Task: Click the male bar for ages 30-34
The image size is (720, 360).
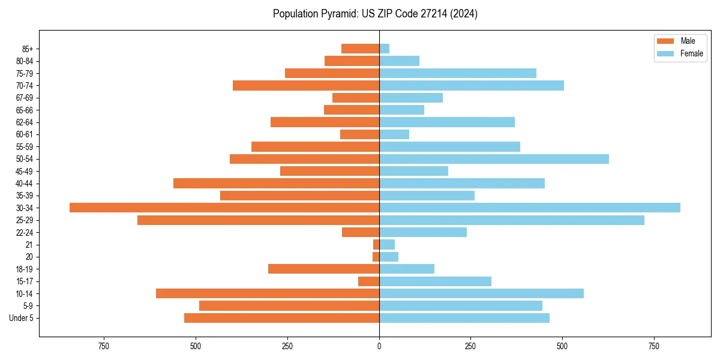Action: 224,208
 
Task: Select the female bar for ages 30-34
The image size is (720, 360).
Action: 529,208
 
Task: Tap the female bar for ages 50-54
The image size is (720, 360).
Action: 494,159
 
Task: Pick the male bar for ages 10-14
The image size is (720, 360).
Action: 268,293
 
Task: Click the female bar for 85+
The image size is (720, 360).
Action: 384,49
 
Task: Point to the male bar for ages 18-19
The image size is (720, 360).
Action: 323,269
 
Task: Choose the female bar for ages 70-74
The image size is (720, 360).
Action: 471,85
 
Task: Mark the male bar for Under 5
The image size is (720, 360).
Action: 281,318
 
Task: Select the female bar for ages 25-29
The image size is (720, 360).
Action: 511,220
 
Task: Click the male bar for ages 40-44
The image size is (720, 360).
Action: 276,184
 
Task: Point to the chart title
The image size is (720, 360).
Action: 375,14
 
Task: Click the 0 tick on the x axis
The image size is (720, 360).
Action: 379,346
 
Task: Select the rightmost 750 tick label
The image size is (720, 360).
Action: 653,346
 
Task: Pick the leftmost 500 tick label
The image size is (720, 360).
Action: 196,346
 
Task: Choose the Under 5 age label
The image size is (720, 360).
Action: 22,318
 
